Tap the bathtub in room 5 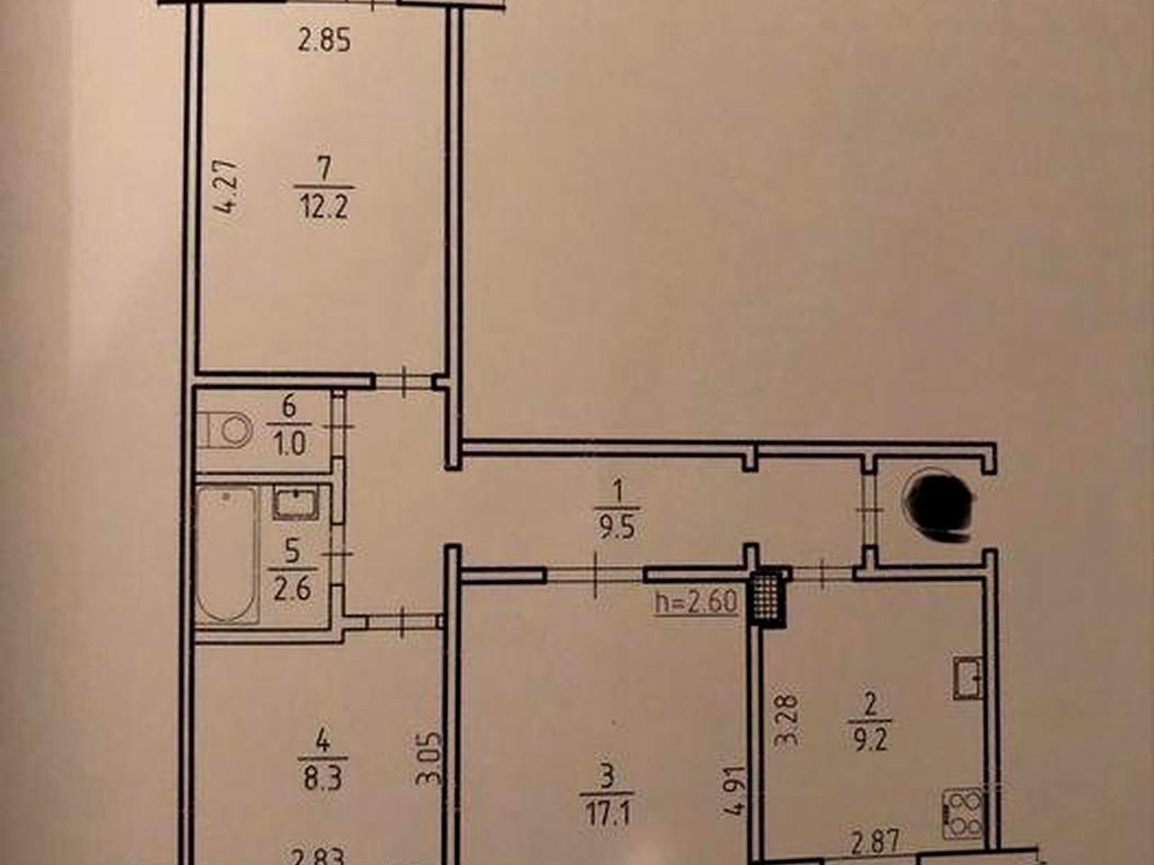pos(227,555)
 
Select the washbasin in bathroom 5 pos(296,503)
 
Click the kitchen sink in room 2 pos(968,678)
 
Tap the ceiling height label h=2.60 pos(696,602)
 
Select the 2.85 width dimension pos(324,41)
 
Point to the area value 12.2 pos(325,209)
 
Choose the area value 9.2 pos(870,742)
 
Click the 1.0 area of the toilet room pos(290,445)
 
